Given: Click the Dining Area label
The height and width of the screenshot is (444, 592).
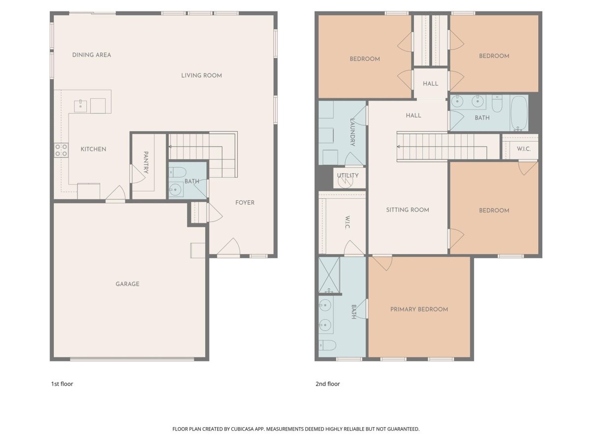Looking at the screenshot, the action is point(91,55).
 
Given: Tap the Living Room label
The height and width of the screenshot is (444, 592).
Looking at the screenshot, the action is point(201,75).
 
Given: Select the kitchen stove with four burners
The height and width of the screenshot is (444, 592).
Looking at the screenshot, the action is point(61,150).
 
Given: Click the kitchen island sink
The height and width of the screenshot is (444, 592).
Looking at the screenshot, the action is point(80,106).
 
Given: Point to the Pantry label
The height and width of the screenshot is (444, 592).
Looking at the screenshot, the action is point(146,162).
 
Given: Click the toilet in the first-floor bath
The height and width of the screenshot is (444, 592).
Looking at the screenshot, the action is point(178,172).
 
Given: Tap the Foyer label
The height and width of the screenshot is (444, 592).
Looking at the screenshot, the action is point(245,203).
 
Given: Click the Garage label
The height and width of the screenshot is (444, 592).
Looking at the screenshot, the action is point(127,284).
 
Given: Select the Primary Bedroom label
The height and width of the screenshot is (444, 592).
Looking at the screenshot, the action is point(419,309).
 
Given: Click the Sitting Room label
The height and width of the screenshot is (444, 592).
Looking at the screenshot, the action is point(407,210).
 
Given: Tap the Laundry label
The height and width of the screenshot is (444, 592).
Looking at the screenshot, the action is point(352,132).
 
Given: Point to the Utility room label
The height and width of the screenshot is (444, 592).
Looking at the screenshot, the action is point(348,176).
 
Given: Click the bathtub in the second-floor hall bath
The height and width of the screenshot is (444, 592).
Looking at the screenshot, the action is point(519,113).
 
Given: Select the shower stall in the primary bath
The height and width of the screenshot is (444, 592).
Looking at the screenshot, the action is point(329,275).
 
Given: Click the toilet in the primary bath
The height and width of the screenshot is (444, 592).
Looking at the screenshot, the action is point(327,345).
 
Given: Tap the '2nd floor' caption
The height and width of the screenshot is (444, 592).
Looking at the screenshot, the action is point(328,384).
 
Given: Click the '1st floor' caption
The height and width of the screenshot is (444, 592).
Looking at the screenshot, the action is point(62,384).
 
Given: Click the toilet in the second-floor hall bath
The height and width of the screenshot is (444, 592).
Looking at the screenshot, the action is point(497,104).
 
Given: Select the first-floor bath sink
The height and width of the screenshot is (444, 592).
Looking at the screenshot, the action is point(176,190).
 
